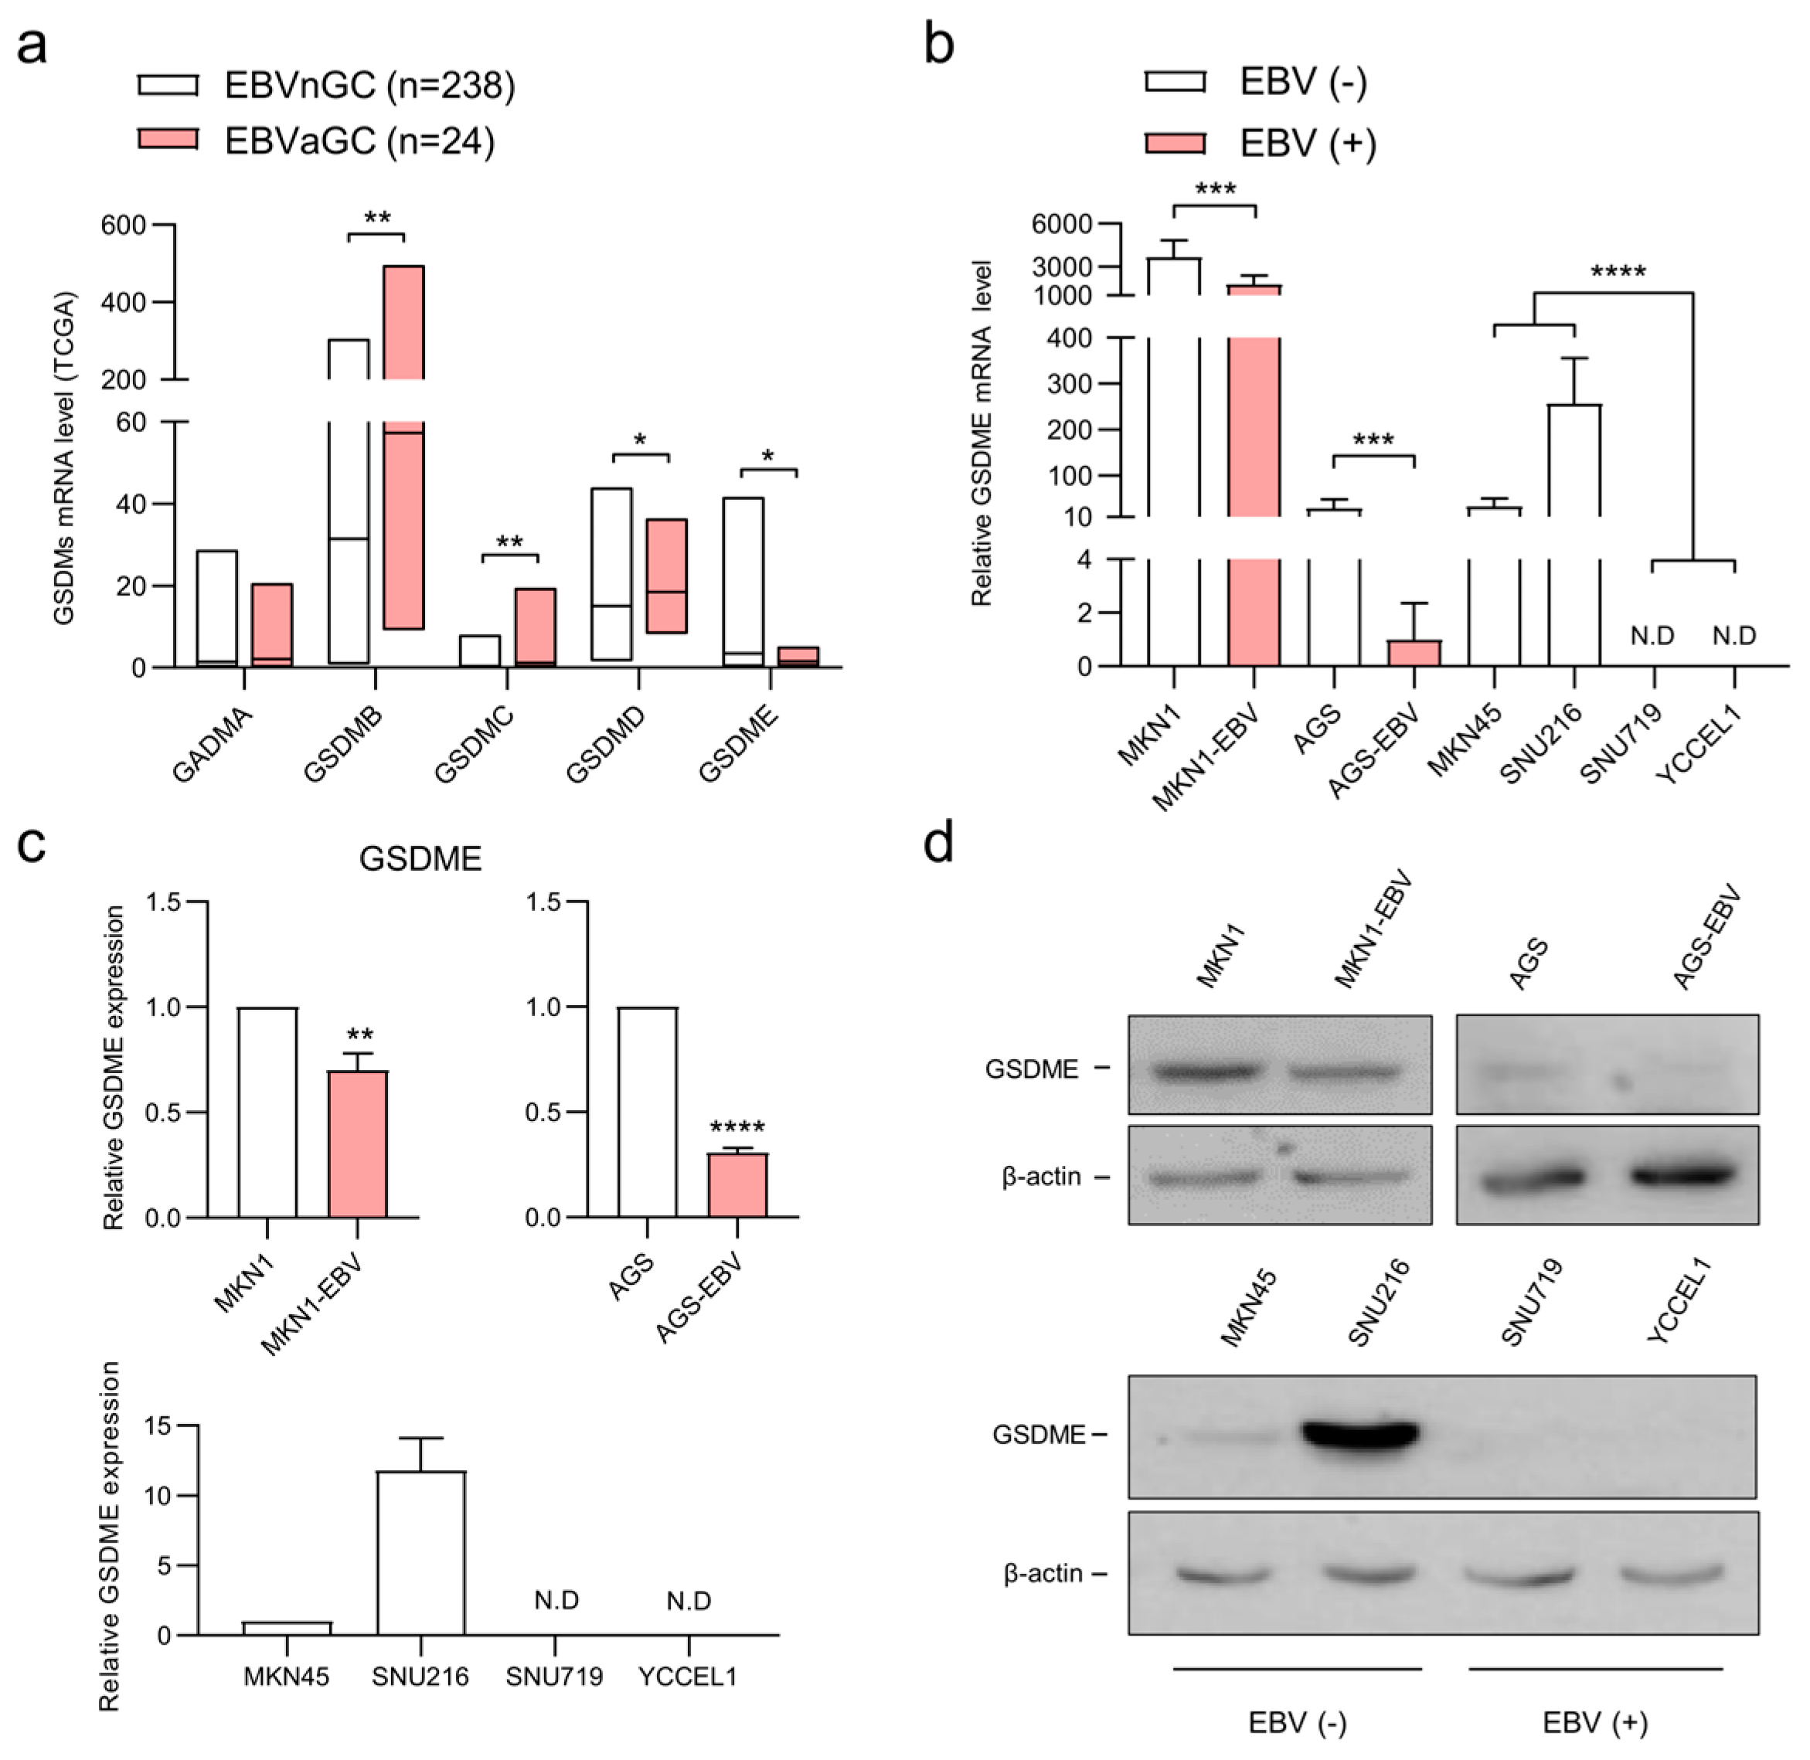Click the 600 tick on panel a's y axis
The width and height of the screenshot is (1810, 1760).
click(123, 226)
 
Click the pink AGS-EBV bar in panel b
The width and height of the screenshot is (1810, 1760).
click(1414, 653)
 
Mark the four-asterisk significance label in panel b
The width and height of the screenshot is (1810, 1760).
click(1618, 274)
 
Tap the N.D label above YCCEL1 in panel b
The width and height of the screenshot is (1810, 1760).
click(1733, 635)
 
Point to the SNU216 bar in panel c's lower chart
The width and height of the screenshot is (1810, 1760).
click(420, 1552)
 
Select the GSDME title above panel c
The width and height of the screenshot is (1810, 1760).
click(420, 858)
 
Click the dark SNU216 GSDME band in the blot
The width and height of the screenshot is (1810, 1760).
click(1359, 1434)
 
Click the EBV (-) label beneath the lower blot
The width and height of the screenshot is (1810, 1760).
click(1297, 1722)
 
